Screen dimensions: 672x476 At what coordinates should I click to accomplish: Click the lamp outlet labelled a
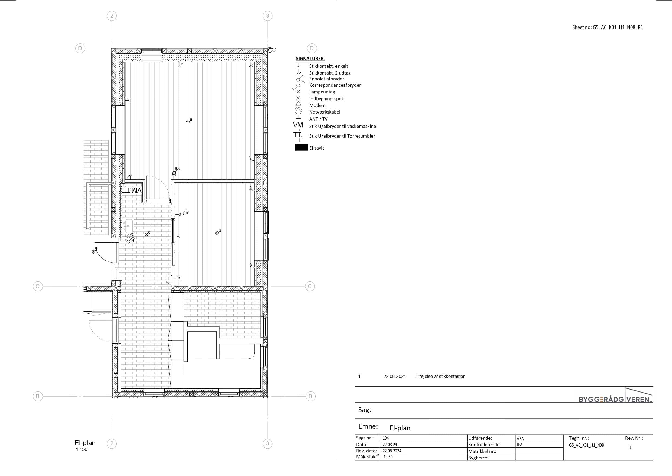[x=188, y=122]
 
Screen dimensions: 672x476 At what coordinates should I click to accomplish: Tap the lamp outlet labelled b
[x=217, y=233]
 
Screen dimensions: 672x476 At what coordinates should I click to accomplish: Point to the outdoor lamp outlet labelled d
[x=93, y=252]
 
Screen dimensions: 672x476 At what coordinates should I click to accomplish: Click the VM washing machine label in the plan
[x=137, y=190]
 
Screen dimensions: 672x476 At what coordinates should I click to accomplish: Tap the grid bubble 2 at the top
[x=112, y=16]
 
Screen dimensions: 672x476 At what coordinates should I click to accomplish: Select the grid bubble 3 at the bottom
[x=267, y=443]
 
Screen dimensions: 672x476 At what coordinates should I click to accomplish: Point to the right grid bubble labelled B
[x=310, y=396]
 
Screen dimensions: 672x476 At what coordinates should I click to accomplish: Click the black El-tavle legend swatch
[x=301, y=147]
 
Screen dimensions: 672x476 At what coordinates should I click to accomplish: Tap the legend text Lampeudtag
[x=322, y=92]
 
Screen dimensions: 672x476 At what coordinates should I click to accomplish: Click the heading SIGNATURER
[x=310, y=59]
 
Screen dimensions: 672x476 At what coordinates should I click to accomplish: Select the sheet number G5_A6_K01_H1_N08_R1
[x=618, y=28]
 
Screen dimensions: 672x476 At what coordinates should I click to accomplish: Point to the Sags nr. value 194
[x=386, y=438]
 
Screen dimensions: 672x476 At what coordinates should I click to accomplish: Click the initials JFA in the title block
[x=519, y=445]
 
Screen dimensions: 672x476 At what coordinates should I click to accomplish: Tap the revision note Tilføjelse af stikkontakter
[x=440, y=376]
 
